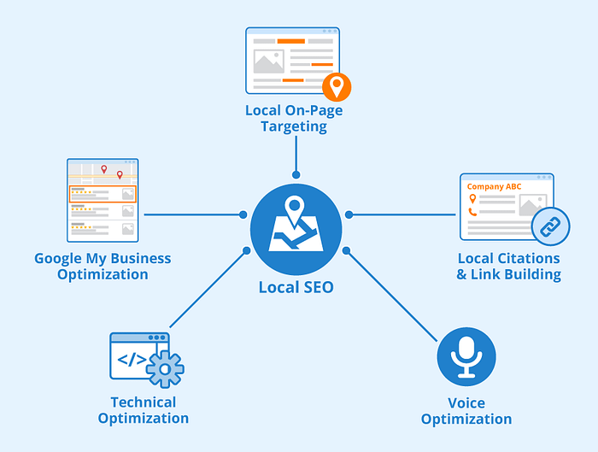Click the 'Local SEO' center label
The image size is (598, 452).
pyautogui.click(x=296, y=288)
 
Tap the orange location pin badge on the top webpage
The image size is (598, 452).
pyautogui.click(x=337, y=86)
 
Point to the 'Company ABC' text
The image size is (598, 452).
pyautogui.click(x=493, y=185)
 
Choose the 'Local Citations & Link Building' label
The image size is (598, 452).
pyautogui.click(x=508, y=267)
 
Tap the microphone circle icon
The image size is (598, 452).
pyautogui.click(x=466, y=357)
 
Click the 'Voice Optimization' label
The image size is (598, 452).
pyautogui.click(x=466, y=411)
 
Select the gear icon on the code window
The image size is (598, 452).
pyautogui.click(x=165, y=368)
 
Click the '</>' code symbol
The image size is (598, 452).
pyautogui.click(x=131, y=360)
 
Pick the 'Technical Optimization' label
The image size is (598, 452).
pyautogui.click(x=144, y=410)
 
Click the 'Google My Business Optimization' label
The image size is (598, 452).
pyautogui.click(x=103, y=266)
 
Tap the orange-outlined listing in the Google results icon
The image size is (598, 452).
pyautogui.click(x=103, y=193)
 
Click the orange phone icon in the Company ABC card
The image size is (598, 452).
pyautogui.click(x=472, y=211)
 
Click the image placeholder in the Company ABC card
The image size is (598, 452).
pyautogui.click(x=531, y=205)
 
